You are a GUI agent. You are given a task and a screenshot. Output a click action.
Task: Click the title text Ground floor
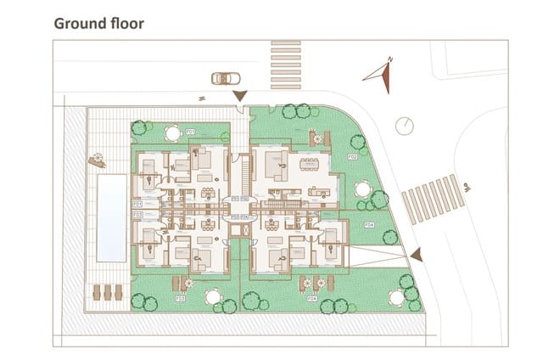coord(98,23)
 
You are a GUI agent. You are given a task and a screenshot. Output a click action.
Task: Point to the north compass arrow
coord(379,76)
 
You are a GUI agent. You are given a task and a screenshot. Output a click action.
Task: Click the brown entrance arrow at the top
coord(241,96)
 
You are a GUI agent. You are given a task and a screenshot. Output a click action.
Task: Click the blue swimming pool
coord(110,218)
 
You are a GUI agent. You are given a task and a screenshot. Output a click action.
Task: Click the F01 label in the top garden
coord(190,132)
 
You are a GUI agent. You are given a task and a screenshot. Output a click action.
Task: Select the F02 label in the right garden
coord(351,157)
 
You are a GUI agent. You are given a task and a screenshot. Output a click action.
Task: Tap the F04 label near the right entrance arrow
coord(368,225)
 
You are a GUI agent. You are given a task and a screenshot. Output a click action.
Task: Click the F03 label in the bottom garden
coord(180,299)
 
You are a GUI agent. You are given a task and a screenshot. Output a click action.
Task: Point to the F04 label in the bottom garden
coord(311,299)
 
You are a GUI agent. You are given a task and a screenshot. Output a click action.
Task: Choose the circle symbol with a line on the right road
coord(406,125)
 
